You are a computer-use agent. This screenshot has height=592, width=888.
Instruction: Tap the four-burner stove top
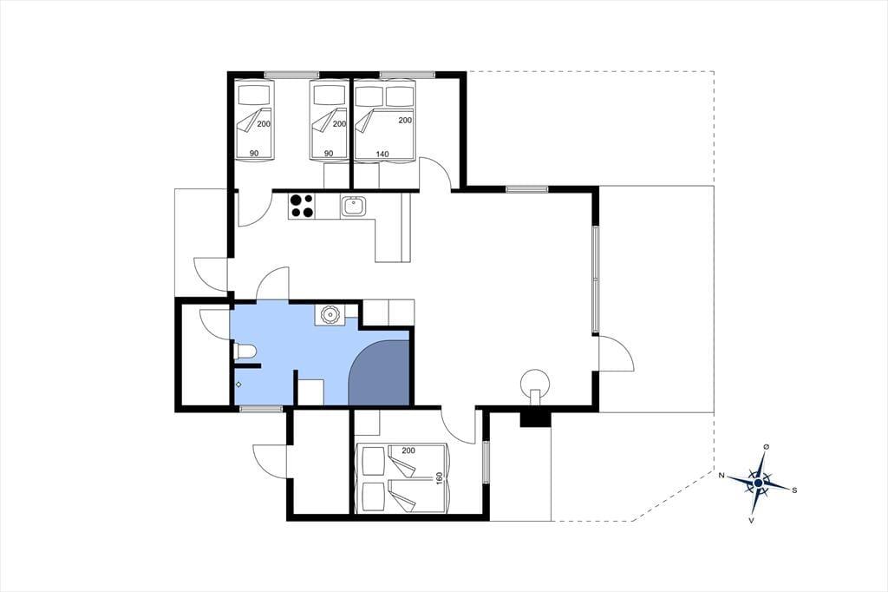[x=301, y=206]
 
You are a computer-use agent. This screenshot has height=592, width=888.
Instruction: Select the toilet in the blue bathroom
[x=245, y=352]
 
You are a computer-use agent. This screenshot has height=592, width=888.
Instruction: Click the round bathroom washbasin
[x=329, y=314]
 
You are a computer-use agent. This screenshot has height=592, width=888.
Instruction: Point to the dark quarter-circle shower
[x=379, y=373]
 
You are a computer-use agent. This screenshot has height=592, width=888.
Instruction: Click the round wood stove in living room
[x=535, y=383]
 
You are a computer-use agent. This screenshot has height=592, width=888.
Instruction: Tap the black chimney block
[x=534, y=418]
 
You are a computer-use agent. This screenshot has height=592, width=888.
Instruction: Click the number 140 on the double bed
[x=382, y=154]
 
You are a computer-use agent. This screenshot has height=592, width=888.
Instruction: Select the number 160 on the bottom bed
[x=439, y=478]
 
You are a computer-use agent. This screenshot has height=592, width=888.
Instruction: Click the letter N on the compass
[x=721, y=475]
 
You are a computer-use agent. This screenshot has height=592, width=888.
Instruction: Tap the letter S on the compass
[x=794, y=490]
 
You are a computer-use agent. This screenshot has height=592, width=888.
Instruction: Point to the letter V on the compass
[x=751, y=520]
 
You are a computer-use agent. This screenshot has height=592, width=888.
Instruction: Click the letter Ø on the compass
[x=767, y=446]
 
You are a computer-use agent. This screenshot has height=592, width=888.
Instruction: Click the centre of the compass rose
[x=758, y=483]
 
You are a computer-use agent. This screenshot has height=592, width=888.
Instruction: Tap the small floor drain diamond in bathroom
[x=238, y=385]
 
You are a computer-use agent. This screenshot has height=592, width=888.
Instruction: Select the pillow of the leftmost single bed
[x=255, y=95]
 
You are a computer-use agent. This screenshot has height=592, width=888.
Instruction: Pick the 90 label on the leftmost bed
[x=254, y=154]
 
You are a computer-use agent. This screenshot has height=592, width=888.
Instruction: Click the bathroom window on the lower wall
[x=261, y=408]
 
